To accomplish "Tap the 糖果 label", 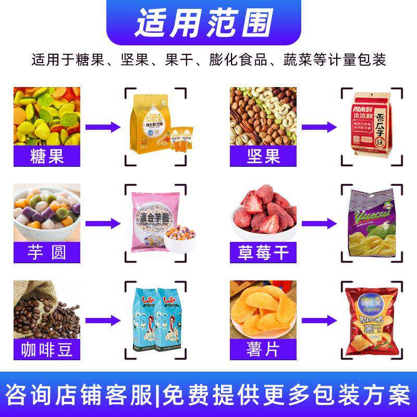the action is tap(47, 155).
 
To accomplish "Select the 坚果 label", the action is tap(263, 155).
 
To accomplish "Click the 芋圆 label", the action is tap(47, 253).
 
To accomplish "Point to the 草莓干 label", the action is tap(263, 253).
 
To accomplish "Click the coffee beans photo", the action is tap(47, 310).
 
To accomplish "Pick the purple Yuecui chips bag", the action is tap(372, 224).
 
